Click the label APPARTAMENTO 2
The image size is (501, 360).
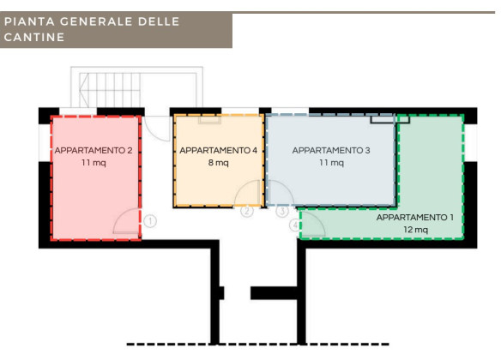click(94, 150)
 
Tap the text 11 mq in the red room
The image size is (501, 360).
click(94, 163)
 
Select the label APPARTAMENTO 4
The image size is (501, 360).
click(218, 150)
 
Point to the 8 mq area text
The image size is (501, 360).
click(218, 163)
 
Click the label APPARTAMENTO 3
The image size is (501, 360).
click(331, 150)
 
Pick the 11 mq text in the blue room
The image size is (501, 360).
click(331, 163)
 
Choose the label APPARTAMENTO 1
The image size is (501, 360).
click(414, 218)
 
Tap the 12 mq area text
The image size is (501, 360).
click(415, 230)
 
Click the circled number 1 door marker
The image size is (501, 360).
click(150, 221)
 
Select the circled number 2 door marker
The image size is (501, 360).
click(247, 211)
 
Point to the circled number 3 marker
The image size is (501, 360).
click(282, 211)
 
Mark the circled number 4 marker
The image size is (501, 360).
click(295, 225)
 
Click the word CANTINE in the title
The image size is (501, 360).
click(34, 38)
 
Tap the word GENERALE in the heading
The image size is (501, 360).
click(95, 21)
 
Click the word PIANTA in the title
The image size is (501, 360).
click(29, 21)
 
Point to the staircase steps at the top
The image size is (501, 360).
click(110, 90)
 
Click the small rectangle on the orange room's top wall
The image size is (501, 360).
click(209, 120)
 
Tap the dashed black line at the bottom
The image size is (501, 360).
click(257, 345)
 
